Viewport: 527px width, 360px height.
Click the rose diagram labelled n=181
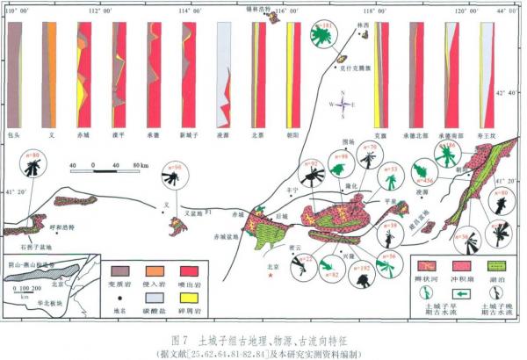click(x=328, y=37)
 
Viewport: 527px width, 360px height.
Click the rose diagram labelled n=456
click(x=422, y=169)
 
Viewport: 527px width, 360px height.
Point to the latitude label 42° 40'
click(x=508, y=91)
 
